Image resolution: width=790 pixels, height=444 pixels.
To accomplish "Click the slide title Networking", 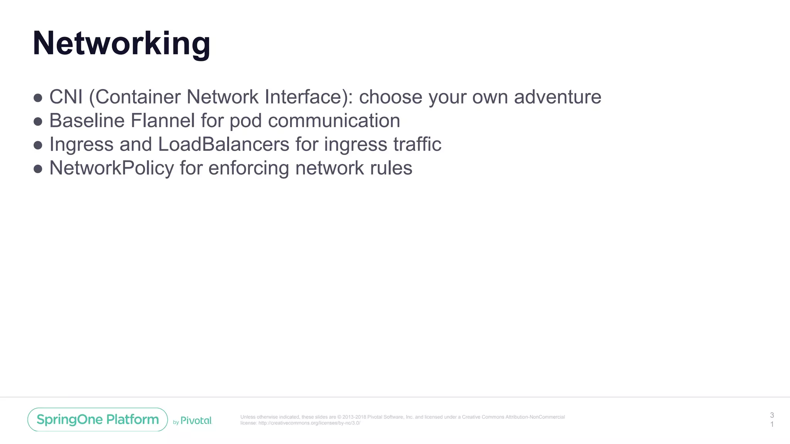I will (x=122, y=44).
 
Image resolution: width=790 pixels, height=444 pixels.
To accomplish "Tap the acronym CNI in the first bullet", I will (x=66, y=97).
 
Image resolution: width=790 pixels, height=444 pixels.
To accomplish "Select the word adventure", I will (x=557, y=97).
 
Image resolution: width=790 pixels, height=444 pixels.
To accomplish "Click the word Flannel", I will (x=162, y=121).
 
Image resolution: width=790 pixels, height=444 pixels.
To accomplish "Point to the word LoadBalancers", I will (x=224, y=145).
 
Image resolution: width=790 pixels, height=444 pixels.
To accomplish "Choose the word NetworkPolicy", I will (x=111, y=168).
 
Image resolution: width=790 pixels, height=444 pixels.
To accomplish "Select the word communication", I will (x=334, y=121).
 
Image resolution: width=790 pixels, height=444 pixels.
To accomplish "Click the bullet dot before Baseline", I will (x=38, y=122).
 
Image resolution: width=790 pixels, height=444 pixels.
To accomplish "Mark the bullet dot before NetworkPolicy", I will (x=38, y=169).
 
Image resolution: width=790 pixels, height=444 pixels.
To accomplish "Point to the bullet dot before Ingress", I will (x=38, y=145).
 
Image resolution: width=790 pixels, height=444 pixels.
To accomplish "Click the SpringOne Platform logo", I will (x=98, y=419).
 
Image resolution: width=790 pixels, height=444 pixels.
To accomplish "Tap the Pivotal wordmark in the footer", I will (x=196, y=420).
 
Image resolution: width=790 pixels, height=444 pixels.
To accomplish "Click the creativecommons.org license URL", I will (x=309, y=423).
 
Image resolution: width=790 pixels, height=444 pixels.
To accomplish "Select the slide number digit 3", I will (x=772, y=415).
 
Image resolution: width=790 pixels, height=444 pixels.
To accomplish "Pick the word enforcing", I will (x=249, y=168).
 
